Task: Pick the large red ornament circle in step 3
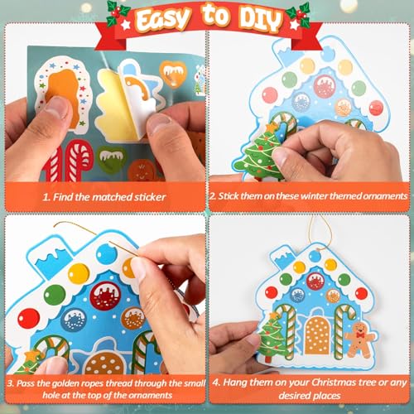pyautogui.click(x=105, y=296)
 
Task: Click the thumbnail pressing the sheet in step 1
pyautogui.click(x=58, y=108)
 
